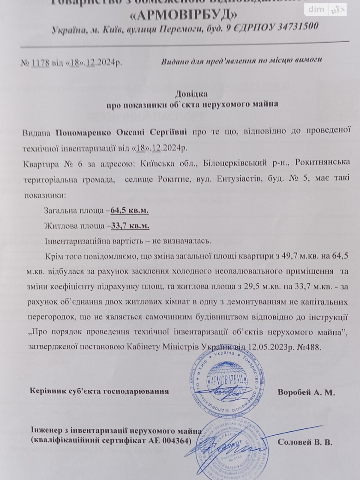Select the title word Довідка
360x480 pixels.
191,94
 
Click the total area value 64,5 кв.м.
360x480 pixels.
130,211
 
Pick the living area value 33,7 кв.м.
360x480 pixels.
130,226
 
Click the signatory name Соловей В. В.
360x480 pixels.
305,442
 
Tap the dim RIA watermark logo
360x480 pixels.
325,10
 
